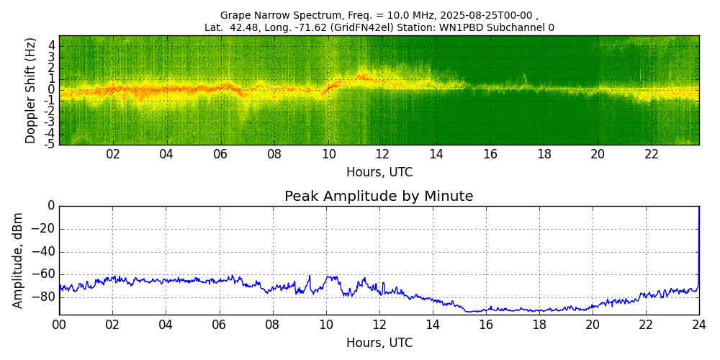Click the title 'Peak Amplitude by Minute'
379,197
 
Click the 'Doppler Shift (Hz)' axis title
31,91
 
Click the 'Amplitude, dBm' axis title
19,260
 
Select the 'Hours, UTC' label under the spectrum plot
379,173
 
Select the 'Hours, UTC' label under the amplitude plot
379,343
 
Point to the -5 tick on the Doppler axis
50,144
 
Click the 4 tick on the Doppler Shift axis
52,45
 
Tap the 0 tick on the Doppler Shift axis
52,89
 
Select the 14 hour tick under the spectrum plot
436,155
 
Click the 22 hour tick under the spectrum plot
652,155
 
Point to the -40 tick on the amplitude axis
45,252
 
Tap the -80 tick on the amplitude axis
45,297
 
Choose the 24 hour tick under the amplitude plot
699,325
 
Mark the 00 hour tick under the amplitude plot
59,325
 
